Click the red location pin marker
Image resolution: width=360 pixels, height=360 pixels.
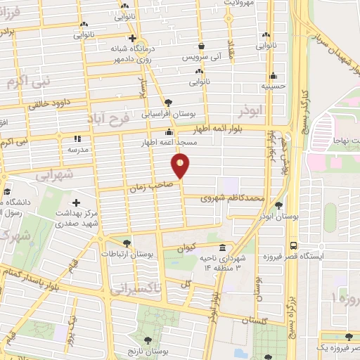(181, 165)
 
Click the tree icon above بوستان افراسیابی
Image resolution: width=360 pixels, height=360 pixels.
(168, 102)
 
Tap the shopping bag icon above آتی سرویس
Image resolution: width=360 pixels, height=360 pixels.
(202, 46)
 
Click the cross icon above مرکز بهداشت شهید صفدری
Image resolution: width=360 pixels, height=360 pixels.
(76, 202)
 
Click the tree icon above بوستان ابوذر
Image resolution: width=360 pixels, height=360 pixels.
(280, 207)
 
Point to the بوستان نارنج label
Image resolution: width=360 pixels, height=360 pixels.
(151, 349)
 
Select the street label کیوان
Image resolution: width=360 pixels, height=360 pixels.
(190, 247)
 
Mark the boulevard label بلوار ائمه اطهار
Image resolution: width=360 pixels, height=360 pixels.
(220, 130)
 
